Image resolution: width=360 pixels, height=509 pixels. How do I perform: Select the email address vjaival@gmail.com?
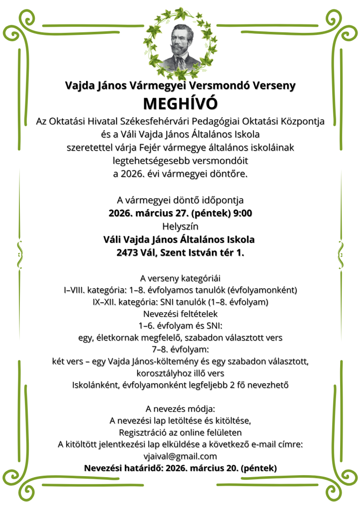pyautogui.click(x=180, y=456)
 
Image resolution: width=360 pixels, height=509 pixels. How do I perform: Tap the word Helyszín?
pyautogui.click(x=180, y=226)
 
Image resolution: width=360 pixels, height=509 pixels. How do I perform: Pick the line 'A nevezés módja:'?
pyautogui.click(x=180, y=409)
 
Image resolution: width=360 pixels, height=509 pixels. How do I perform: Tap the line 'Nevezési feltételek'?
pyautogui.click(x=180, y=314)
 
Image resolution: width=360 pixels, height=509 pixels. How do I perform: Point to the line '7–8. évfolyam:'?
pyautogui.click(x=180, y=349)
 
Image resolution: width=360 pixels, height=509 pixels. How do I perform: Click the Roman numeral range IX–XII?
pyautogui.click(x=107, y=302)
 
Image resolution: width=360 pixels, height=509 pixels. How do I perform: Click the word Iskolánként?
pyautogui.click(x=94, y=385)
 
